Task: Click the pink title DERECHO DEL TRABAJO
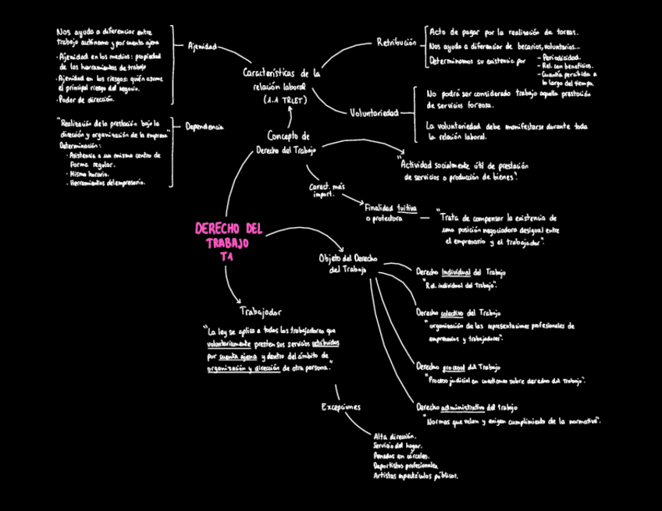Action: [x=228, y=236]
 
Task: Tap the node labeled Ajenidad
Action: [x=201, y=47]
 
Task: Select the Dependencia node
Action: [x=204, y=126]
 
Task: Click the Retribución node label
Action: [x=396, y=42]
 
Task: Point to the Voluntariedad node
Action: [x=374, y=112]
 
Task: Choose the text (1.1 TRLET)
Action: [x=286, y=101]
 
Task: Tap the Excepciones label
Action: [x=341, y=406]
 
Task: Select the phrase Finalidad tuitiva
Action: [x=391, y=208]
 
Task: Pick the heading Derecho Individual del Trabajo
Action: [x=460, y=272]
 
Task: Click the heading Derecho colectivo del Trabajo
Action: [x=457, y=312]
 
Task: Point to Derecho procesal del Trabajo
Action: [x=457, y=366]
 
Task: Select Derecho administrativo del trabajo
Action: [x=466, y=407]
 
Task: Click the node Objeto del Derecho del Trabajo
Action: [x=349, y=263]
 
